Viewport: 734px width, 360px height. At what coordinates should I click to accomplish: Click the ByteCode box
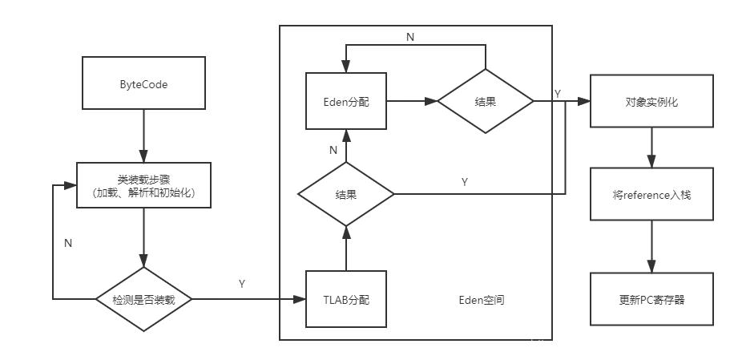point(143,84)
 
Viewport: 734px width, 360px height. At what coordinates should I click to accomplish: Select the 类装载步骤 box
point(143,185)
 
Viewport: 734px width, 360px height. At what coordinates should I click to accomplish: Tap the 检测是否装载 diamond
point(143,300)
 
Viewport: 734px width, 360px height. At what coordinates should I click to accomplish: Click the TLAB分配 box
point(346,300)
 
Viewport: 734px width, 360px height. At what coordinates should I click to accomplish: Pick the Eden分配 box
point(346,101)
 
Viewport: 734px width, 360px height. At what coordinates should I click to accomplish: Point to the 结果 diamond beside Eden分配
point(486,101)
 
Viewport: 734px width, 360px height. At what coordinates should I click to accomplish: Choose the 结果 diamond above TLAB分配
point(346,194)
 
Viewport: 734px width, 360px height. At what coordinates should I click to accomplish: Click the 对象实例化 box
point(651,102)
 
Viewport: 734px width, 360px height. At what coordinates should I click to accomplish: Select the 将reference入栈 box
point(651,193)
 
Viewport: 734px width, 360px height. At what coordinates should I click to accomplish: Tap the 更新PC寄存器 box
point(651,300)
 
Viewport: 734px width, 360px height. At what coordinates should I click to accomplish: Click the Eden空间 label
point(482,300)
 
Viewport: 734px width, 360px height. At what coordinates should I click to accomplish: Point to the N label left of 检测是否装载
point(68,242)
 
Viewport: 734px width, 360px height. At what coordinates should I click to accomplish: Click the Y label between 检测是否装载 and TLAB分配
point(242,285)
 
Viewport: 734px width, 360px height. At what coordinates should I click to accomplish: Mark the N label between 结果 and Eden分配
point(333,150)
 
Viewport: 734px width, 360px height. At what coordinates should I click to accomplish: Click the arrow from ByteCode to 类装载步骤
point(143,136)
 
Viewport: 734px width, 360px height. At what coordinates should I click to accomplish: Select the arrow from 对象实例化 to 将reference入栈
point(651,147)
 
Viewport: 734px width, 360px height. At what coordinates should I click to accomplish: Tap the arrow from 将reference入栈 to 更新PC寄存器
point(651,246)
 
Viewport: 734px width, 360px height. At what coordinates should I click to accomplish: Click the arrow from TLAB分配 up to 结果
point(346,248)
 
